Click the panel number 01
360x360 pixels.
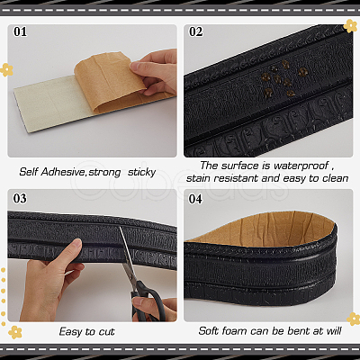pos(20,31)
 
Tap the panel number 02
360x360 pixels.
pos(195,31)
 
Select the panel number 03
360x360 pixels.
pos(20,198)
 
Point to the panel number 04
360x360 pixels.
pos(195,199)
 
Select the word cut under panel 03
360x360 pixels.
pos(106,332)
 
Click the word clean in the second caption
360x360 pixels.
pos(336,178)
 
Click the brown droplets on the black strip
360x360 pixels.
pos(284,78)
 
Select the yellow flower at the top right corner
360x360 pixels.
pos(350,26)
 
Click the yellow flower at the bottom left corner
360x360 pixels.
pos(15,332)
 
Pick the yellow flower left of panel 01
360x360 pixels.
pos(6,69)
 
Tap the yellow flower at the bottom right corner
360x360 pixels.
pos(354,319)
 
